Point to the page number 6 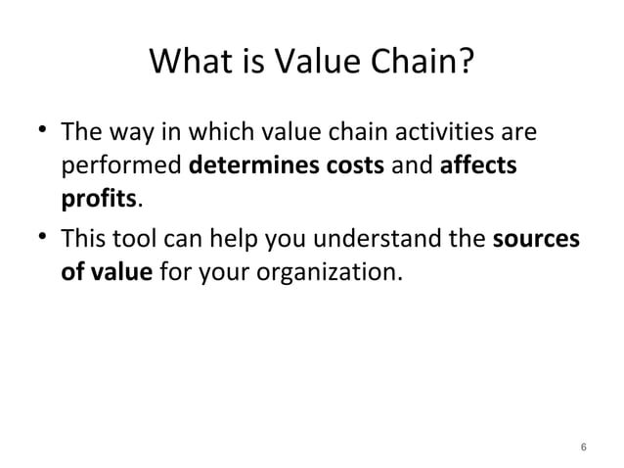(583, 446)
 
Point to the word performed (122, 166)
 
